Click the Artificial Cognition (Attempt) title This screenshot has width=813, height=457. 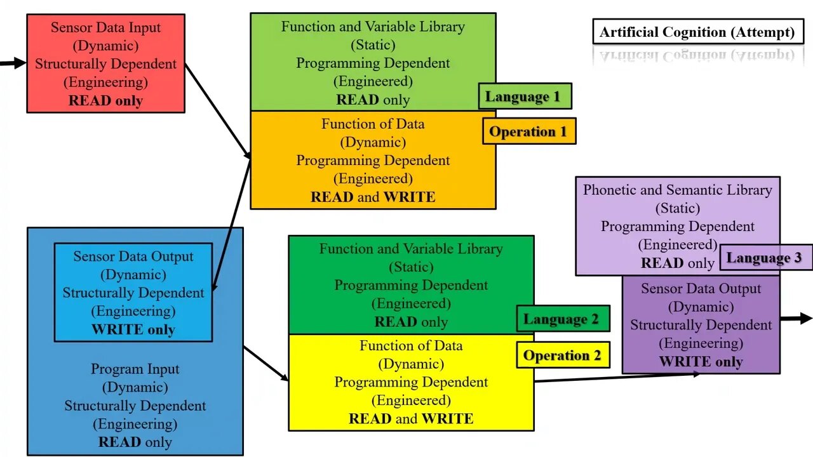(x=697, y=32)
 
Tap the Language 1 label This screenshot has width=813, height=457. (x=525, y=96)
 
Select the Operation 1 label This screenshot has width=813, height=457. (x=528, y=131)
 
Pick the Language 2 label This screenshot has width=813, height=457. (x=562, y=319)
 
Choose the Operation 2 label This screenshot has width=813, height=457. (x=562, y=355)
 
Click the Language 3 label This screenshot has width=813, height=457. (x=765, y=257)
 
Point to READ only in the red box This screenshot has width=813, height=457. (x=105, y=100)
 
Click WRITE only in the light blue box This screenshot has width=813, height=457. (x=133, y=329)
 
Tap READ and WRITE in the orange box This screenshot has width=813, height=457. (x=373, y=197)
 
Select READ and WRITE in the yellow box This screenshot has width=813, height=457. (x=411, y=418)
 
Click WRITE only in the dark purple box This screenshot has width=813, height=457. (x=701, y=362)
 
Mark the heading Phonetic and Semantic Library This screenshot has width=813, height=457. (x=678, y=190)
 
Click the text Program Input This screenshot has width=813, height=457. (x=135, y=369)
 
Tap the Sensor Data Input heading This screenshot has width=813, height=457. (x=105, y=27)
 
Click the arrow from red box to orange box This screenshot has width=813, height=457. (x=217, y=110)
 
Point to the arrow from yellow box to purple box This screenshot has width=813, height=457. (x=616, y=377)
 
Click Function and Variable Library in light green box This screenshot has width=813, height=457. (x=373, y=27)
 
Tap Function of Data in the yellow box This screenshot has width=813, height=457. (x=411, y=345)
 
